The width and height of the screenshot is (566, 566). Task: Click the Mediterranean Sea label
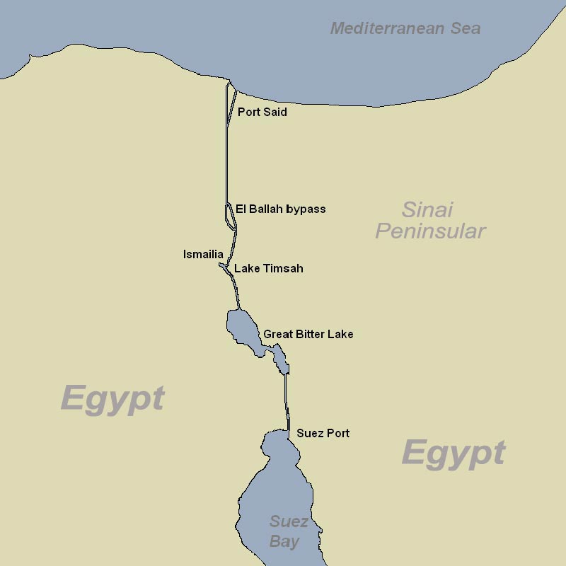pyautogui.click(x=405, y=29)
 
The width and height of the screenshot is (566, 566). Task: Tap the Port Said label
pyautogui.click(x=262, y=112)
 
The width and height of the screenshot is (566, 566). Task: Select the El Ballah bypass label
pyautogui.click(x=280, y=209)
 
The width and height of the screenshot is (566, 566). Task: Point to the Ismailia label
pyautogui.click(x=203, y=255)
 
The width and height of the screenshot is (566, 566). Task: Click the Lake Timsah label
pyautogui.click(x=268, y=269)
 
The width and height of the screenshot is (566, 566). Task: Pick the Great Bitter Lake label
pyautogui.click(x=308, y=334)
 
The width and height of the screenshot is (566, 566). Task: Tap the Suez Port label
pyautogui.click(x=323, y=433)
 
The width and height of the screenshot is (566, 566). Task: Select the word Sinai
pyautogui.click(x=427, y=209)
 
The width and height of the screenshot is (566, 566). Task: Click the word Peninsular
pyautogui.click(x=430, y=231)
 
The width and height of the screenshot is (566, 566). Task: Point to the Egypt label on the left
pyautogui.click(x=112, y=398)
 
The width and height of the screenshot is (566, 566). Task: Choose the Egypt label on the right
pyautogui.click(x=454, y=453)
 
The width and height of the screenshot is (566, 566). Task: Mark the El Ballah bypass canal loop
pyautogui.click(x=230, y=216)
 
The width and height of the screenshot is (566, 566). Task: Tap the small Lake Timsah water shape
pyautogui.click(x=224, y=267)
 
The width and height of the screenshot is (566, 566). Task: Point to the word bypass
pyautogui.click(x=306, y=210)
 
